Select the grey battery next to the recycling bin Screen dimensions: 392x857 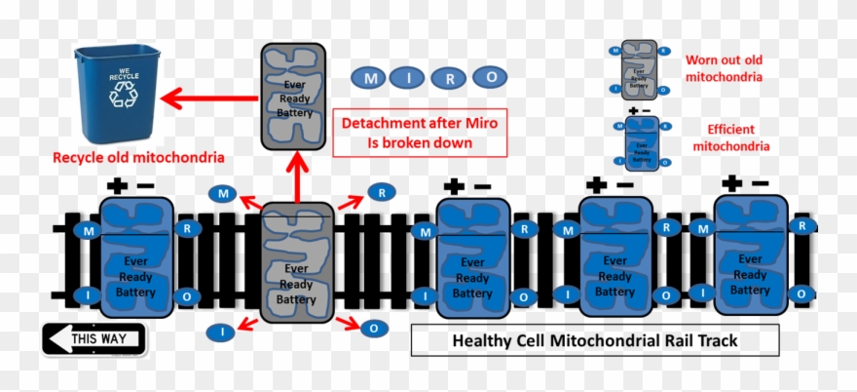(x=293, y=97)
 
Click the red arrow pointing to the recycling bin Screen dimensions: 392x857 (x=209, y=98)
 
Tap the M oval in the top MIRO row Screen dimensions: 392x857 (x=369, y=76)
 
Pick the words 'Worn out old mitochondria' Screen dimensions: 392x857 (x=723, y=67)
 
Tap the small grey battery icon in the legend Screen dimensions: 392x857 (x=639, y=70)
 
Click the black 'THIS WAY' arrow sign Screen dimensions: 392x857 (x=93, y=339)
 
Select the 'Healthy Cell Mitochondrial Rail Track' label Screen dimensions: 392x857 (x=595, y=340)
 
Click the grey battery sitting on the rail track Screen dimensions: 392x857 (x=297, y=262)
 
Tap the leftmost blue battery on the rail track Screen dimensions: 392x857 (x=136, y=255)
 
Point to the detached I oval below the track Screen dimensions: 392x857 (x=221, y=333)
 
